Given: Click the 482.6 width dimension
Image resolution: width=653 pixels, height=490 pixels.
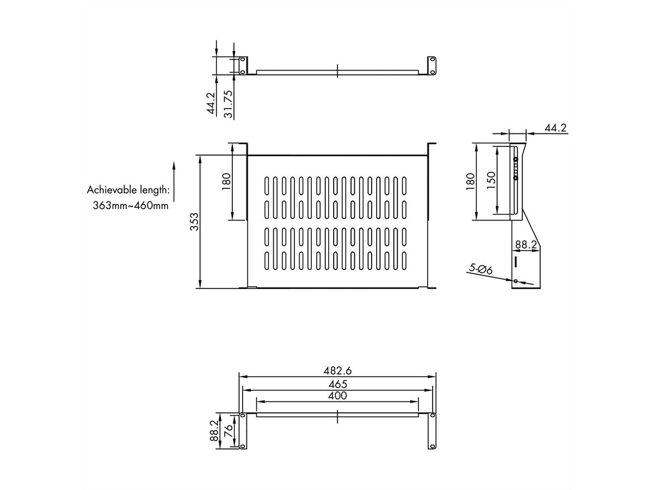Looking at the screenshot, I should tap(337, 371).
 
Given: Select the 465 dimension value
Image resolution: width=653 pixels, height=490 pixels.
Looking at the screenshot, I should tap(337, 384).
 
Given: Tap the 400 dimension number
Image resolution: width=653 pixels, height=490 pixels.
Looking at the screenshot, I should tap(337, 396).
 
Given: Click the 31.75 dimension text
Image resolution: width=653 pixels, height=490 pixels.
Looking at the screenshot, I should tap(229, 103).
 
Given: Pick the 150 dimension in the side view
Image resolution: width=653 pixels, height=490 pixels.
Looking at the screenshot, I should tap(490, 180).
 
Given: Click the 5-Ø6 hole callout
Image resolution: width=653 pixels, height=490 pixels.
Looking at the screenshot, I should tap(480, 269).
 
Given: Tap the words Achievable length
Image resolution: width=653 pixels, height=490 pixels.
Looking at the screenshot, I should tap(128, 190).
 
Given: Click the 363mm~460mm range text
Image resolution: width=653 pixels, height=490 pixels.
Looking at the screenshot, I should tap(131, 206).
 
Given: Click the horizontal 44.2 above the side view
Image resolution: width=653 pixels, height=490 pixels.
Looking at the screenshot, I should tap(556, 128).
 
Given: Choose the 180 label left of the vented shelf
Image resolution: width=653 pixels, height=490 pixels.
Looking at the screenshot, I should tap(226, 180).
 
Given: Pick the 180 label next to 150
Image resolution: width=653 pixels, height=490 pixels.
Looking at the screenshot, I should tap(471, 180).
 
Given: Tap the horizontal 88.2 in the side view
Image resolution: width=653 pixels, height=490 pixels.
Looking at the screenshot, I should tap(526, 245).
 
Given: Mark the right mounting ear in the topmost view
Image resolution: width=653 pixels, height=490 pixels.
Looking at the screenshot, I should tap(432, 65).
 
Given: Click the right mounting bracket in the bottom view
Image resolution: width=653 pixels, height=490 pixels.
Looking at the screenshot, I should tap(432, 431).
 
